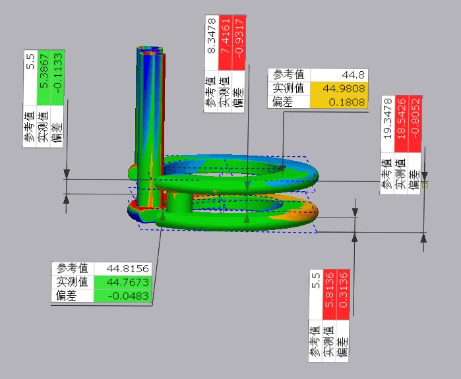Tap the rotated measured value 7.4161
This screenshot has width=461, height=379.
pyautogui.click(x=225, y=43)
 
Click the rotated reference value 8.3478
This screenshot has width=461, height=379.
pyautogui.click(x=211, y=43)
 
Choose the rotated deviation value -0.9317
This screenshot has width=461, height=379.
pyautogui.click(x=239, y=43)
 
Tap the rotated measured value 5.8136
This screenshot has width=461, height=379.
pyautogui.click(x=329, y=294)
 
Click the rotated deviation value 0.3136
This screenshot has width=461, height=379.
pyautogui.click(x=343, y=294)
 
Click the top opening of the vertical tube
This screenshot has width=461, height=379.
pyautogui.click(x=150, y=49)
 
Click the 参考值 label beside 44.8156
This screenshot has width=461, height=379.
pyautogui.click(x=73, y=268)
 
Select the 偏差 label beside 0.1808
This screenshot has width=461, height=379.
pyautogui.click(x=282, y=102)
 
